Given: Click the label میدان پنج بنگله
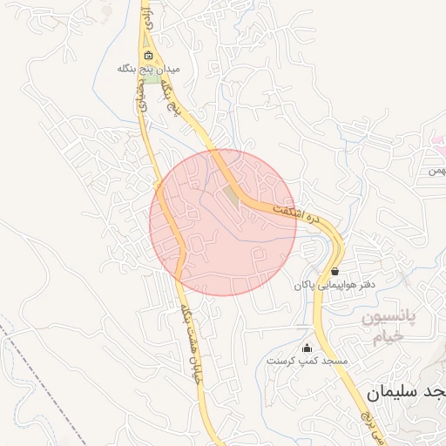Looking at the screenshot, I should (149, 67).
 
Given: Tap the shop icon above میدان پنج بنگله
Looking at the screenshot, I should (148, 56).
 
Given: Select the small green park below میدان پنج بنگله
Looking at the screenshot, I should (152, 78).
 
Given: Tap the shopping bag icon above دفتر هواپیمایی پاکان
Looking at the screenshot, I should (335, 272).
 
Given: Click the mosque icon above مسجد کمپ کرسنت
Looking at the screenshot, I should (306, 348).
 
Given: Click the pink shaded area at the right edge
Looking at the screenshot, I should (438, 141).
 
